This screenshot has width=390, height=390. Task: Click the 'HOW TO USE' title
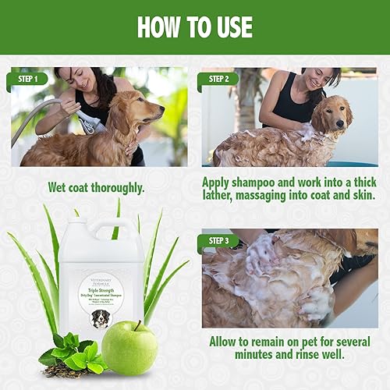[194, 27]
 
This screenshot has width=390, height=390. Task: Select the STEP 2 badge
[218, 78]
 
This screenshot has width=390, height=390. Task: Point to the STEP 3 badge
[218, 240]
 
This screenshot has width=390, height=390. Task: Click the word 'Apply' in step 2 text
[219, 182]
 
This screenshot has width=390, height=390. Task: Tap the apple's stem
[137, 324]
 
